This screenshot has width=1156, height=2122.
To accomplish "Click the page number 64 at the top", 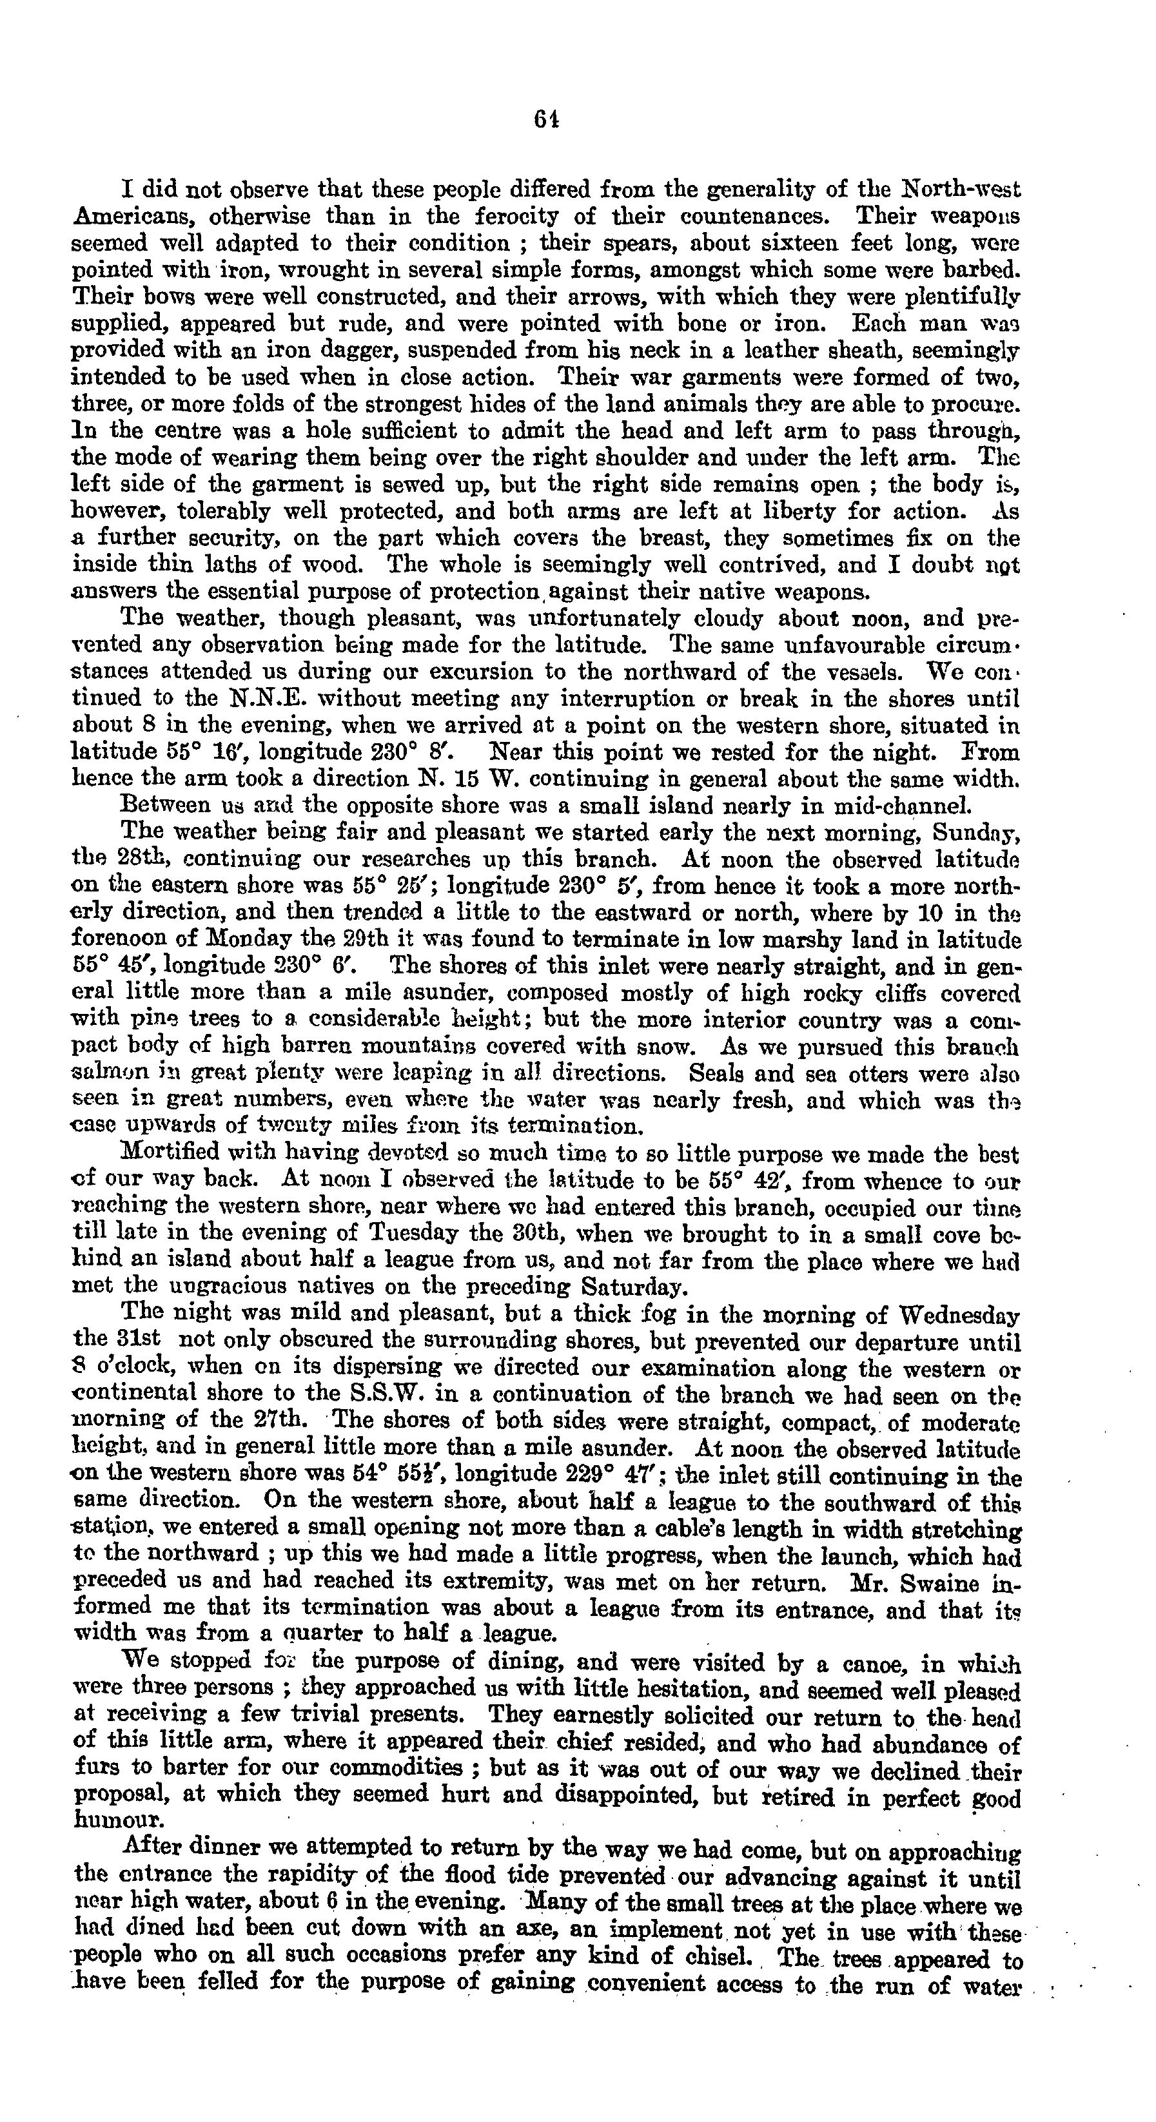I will [546, 119].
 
